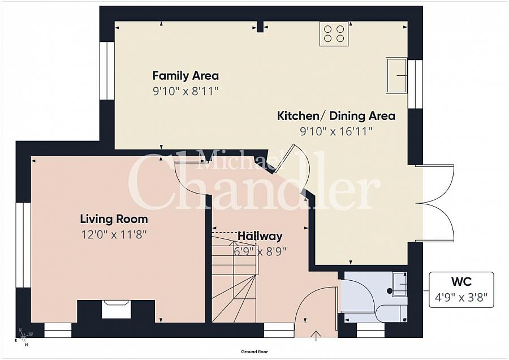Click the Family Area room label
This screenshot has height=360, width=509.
click(186, 75)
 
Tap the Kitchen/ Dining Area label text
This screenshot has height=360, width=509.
click(335, 116)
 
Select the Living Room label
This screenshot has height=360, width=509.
click(114, 219)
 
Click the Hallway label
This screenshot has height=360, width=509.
click(260, 236)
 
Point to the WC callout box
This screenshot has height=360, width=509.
click(461, 289)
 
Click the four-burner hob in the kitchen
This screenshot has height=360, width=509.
click(334, 33)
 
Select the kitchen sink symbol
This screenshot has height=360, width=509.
click(397, 75)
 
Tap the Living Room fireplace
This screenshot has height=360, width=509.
click(116, 310)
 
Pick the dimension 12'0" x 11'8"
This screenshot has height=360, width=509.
click(114, 234)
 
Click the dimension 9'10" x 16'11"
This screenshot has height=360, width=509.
click(335, 131)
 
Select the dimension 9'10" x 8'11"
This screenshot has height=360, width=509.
click(186, 91)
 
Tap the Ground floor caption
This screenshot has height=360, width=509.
click(254, 352)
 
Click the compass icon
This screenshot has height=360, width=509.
click(23, 337)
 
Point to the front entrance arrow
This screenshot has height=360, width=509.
click(317, 334)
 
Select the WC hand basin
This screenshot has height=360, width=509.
click(399, 284)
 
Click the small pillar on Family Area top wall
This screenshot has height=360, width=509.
click(260, 27)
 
